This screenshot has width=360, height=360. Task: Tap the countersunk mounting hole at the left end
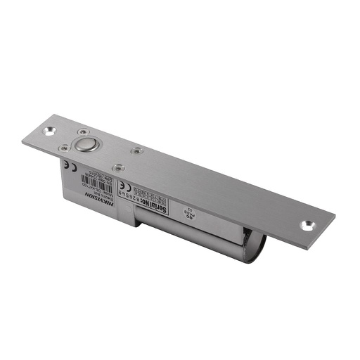tap(52, 131)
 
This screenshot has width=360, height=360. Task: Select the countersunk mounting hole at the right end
tap(307, 226)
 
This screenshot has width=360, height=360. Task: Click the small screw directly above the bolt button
tap(84, 132)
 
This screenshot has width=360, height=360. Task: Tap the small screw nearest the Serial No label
tap(118, 167)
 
